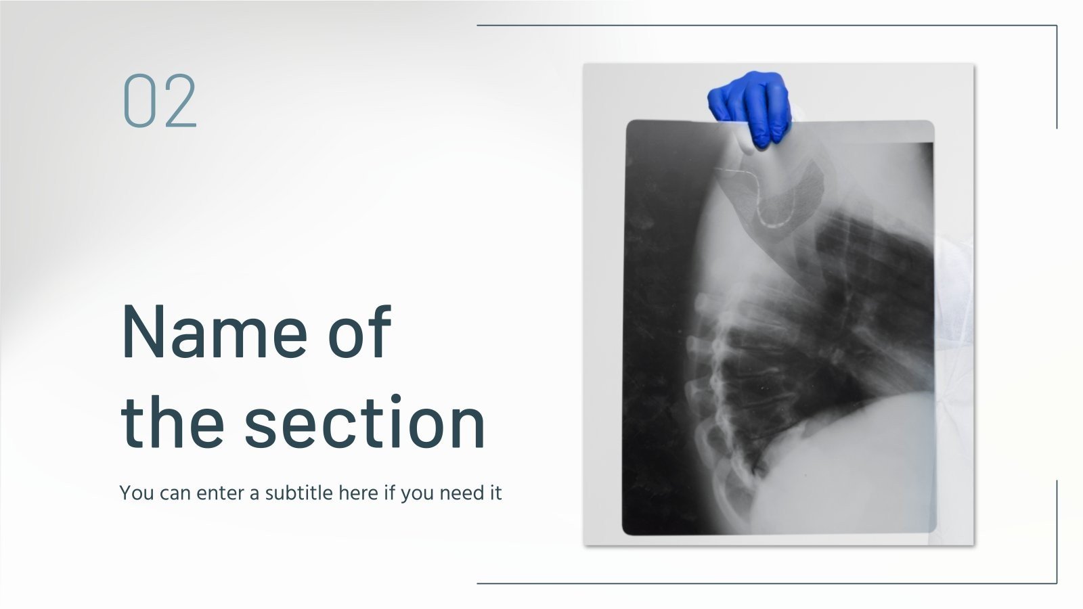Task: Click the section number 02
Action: (x=160, y=101)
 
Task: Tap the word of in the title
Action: (x=359, y=332)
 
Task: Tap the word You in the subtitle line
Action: (x=137, y=493)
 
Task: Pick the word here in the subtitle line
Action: (x=358, y=493)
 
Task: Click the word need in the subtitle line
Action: (x=460, y=493)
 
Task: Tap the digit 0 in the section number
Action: (x=139, y=101)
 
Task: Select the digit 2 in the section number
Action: (x=179, y=101)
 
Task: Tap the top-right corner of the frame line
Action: (x=1057, y=26)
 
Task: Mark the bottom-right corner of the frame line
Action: (x=1057, y=583)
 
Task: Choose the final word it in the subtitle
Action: (x=495, y=493)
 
